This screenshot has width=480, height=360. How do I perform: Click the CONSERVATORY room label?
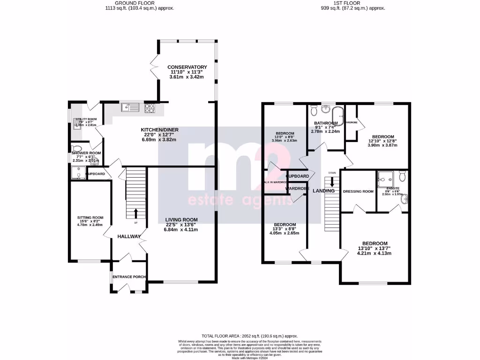pyautogui.click(x=187, y=67)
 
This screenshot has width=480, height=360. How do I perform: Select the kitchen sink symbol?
pyautogui.click(x=130, y=108)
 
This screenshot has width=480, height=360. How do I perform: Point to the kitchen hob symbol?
pyautogui.click(x=150, y=108)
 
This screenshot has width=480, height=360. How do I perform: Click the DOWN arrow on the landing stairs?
pyautogui.click(x=332, y=182)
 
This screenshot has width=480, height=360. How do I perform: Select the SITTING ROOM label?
pyautogui.click(x=90, y=217)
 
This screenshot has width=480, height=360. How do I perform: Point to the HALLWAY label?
pyautogui.click(x=129, y=236)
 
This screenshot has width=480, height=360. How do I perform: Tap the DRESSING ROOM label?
pyautogui.click(x=358, y=191)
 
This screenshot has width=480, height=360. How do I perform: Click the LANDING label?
pyautogui.click(x=323, y=191)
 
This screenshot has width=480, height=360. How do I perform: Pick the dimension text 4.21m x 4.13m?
pyautogui.click(x=374, y=253)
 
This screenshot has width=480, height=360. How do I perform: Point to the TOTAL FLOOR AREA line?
pyautogui.click(x=249, y=336)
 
